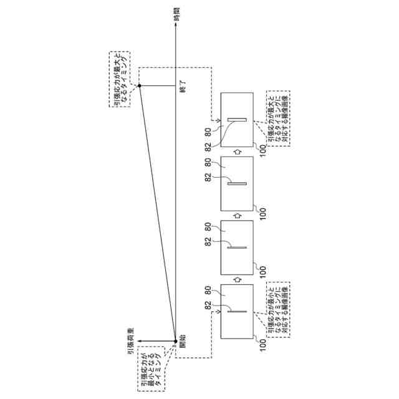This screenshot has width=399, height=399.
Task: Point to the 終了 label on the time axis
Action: pos(183,86)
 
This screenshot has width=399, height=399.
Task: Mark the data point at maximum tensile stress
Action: pos(140,86)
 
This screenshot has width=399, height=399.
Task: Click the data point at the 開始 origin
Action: pos(175,340)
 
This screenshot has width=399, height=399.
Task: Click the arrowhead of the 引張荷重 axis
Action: pos(140,340)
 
